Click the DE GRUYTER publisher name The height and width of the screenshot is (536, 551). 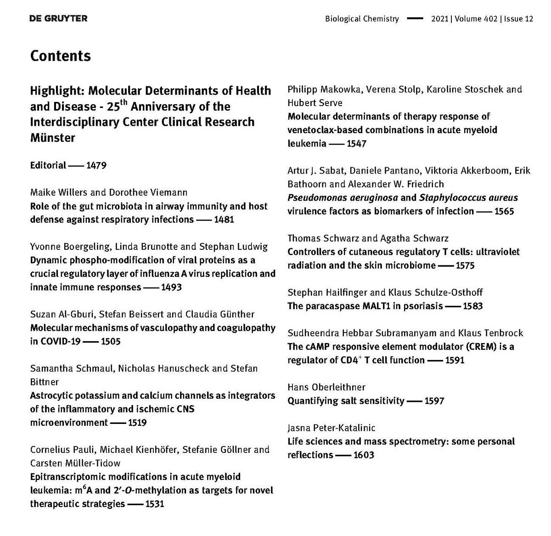(x=58, y=18)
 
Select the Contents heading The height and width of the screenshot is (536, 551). (x=60, y=56)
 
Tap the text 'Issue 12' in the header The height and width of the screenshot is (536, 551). (x=519, y=19)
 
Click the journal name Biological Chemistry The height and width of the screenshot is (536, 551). (x=362, y=19)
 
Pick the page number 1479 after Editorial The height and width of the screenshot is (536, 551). (x=96, y=165)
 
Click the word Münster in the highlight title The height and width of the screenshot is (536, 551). (x=52, y=137)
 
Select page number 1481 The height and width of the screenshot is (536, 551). (x=224, y=220)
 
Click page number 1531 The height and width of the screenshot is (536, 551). (x=154, y=504)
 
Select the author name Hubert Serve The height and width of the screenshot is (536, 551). (x=315, y=102)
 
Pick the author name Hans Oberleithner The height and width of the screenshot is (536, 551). (x=326, y=387)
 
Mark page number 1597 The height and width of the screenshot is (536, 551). (x=434, y=401)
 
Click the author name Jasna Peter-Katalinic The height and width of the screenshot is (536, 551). (x=332, y=428)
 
